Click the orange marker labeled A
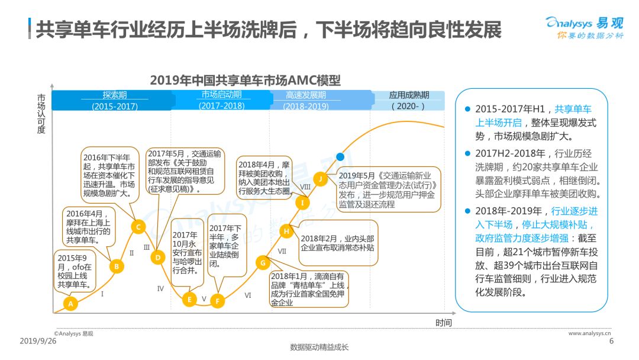click(x=70, y=303)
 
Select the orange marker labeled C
click(x=138, y=227)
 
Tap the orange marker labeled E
click(x=189, y=300)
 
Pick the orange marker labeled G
click(x=263, y=263)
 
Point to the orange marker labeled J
click(x=321, y=179)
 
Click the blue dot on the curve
click(x=340, y=156)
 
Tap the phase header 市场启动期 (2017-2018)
click(x=222, y=100)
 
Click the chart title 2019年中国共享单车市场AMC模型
click(x=245, y=80)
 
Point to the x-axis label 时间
click(x=443, y=323)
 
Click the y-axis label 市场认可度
click(x=41, y=114)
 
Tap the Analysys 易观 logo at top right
click(x=585, y=27)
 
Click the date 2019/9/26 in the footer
click(x=38, y=341)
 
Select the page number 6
click(x=611, y=341)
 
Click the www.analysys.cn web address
click(x=590, y=333)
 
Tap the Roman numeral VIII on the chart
click(x=305, y=187)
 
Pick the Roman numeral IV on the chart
click(x=160, y=289)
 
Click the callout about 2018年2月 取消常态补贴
click(x=338, y=243)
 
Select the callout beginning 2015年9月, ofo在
click(x=75, y=271)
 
